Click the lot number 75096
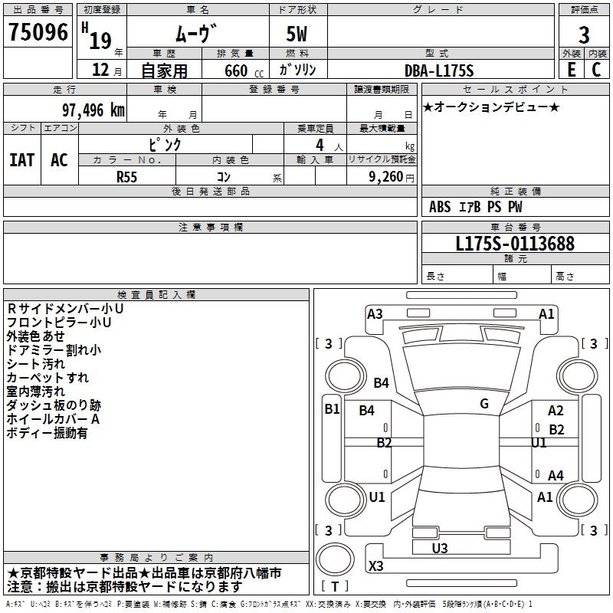38,34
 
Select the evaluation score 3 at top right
584,34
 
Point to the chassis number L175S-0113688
514,244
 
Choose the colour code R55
126,175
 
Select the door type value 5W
298,34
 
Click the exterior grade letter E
570,70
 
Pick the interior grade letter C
596,70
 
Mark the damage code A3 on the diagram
375,313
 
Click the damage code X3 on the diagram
376,566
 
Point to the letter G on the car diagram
484,404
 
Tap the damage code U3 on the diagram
440,548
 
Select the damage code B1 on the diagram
332,409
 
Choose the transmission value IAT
21,159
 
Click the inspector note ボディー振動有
47,433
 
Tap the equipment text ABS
440,207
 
